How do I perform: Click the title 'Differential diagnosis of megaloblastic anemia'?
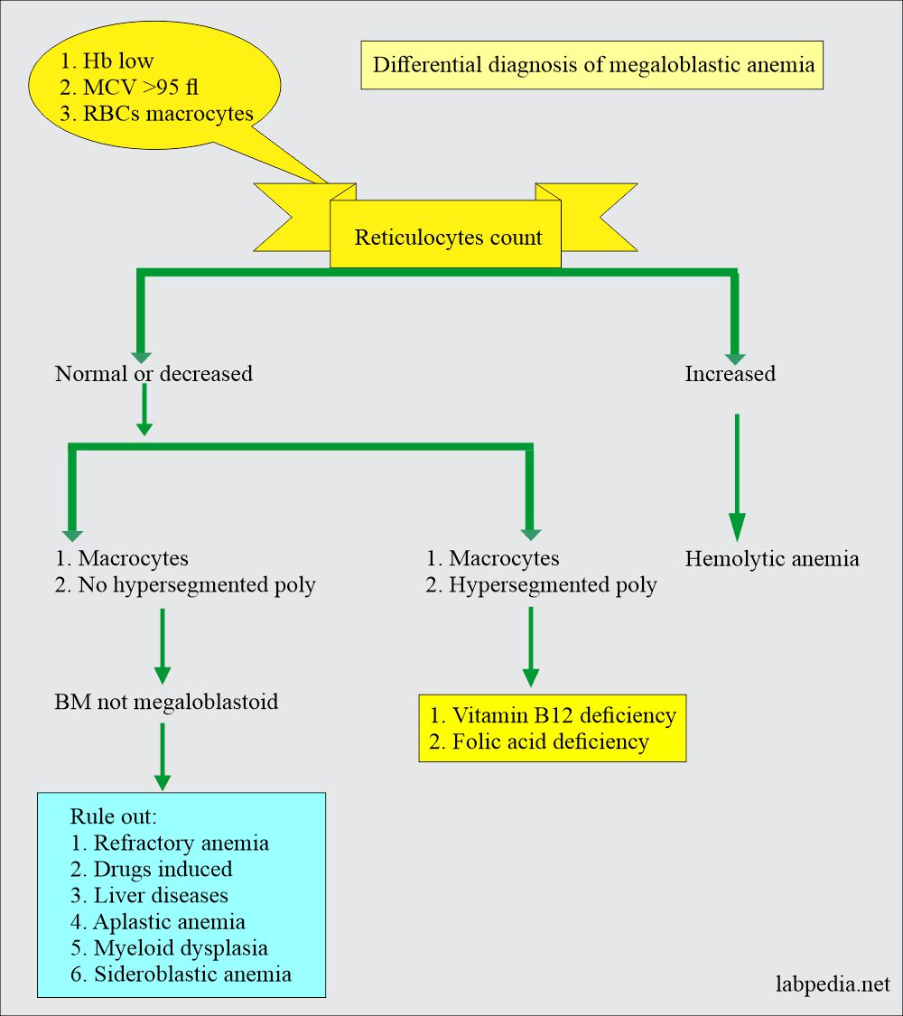[592, 65]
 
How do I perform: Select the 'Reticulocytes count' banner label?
[448, 238]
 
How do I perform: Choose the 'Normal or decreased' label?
[154, 373]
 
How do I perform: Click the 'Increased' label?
[730, 373]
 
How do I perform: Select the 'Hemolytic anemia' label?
[772, 558]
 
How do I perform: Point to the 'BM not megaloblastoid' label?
[166, 701]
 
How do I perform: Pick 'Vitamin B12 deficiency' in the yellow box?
[552, 715]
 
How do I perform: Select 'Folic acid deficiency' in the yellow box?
[538, 741]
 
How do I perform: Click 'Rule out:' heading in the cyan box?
[114, 816]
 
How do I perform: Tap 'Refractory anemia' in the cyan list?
[170, 843]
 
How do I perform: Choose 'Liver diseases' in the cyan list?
[149, 895]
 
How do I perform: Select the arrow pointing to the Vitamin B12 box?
[530, 646]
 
